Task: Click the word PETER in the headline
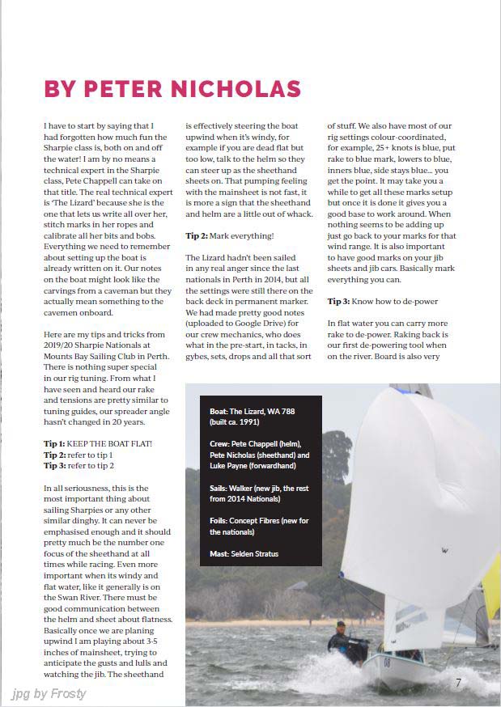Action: tap(133, 89)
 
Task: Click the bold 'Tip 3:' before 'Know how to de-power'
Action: tap(338, 301)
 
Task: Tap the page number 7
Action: tap(458, 683)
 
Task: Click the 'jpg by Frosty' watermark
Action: tap(49, 693)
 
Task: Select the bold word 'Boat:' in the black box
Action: tap(219, 412)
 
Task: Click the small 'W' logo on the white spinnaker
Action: tap(444, 551)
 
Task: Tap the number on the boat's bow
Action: tap(386, 663)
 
